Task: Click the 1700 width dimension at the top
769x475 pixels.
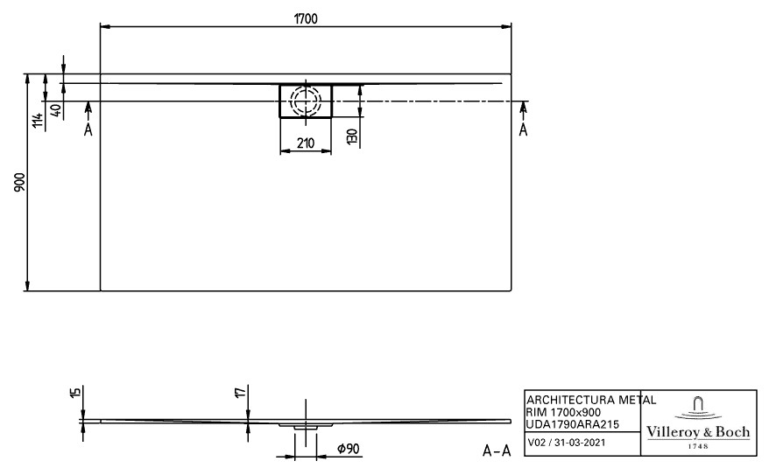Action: coord(306,18)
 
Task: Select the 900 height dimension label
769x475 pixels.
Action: coord(19,182)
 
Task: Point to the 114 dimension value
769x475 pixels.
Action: coord(38,120)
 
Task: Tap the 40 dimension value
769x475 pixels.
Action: coord(56,110)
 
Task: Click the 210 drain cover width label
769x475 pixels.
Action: coord(306,143)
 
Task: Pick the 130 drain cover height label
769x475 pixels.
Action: coord(352,136)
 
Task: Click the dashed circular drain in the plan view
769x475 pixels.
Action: coord(306,101)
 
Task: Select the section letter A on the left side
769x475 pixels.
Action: coord(88,129)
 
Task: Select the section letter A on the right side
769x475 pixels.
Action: coord(523,129)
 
